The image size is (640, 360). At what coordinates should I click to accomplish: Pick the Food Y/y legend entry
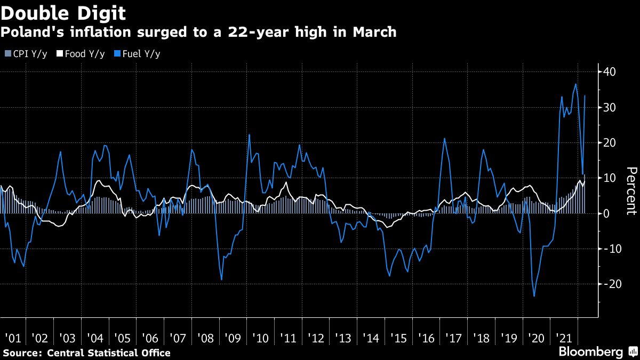pos(81,54)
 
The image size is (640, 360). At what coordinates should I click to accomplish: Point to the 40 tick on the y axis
pos(610,72)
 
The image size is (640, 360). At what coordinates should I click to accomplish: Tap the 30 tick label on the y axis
pos(610,107)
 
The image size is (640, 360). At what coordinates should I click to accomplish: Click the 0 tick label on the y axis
pos(606,213)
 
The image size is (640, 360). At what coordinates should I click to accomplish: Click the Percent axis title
pos(631,193)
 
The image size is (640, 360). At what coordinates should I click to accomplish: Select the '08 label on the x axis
pos(205,338)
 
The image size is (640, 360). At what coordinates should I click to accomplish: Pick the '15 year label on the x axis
pos(398,338)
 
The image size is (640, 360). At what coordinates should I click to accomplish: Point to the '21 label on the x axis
pos(563,338)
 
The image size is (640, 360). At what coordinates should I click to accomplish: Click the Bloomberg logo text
pos(590,352)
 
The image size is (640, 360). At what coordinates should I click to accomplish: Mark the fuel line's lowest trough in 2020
pos(534,296)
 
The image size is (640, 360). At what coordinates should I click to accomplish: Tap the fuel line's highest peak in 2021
pos(575,84)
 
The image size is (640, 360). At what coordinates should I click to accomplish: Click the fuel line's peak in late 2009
pos(249,134)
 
